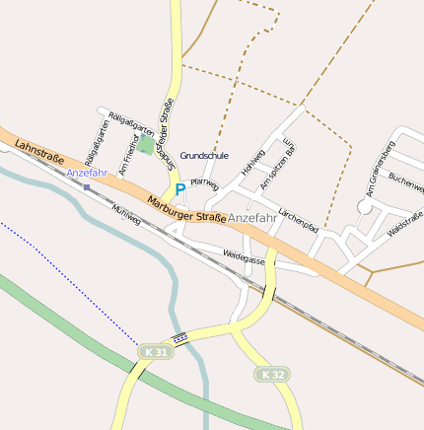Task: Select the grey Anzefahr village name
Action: click(x=252, y=217)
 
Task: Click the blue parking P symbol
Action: click(x=179, y=189)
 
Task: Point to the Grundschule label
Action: click(x=204, y=155)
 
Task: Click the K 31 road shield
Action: click(x=155, y=351)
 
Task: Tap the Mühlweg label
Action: click(x=127, y=216)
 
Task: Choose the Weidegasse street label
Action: click(x=244, y=257)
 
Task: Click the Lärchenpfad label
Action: click(x=298, y=219)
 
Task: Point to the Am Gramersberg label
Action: click(x=379, y=167)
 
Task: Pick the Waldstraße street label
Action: click(x=404, y=223)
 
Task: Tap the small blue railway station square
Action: click(x=87, y=186)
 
